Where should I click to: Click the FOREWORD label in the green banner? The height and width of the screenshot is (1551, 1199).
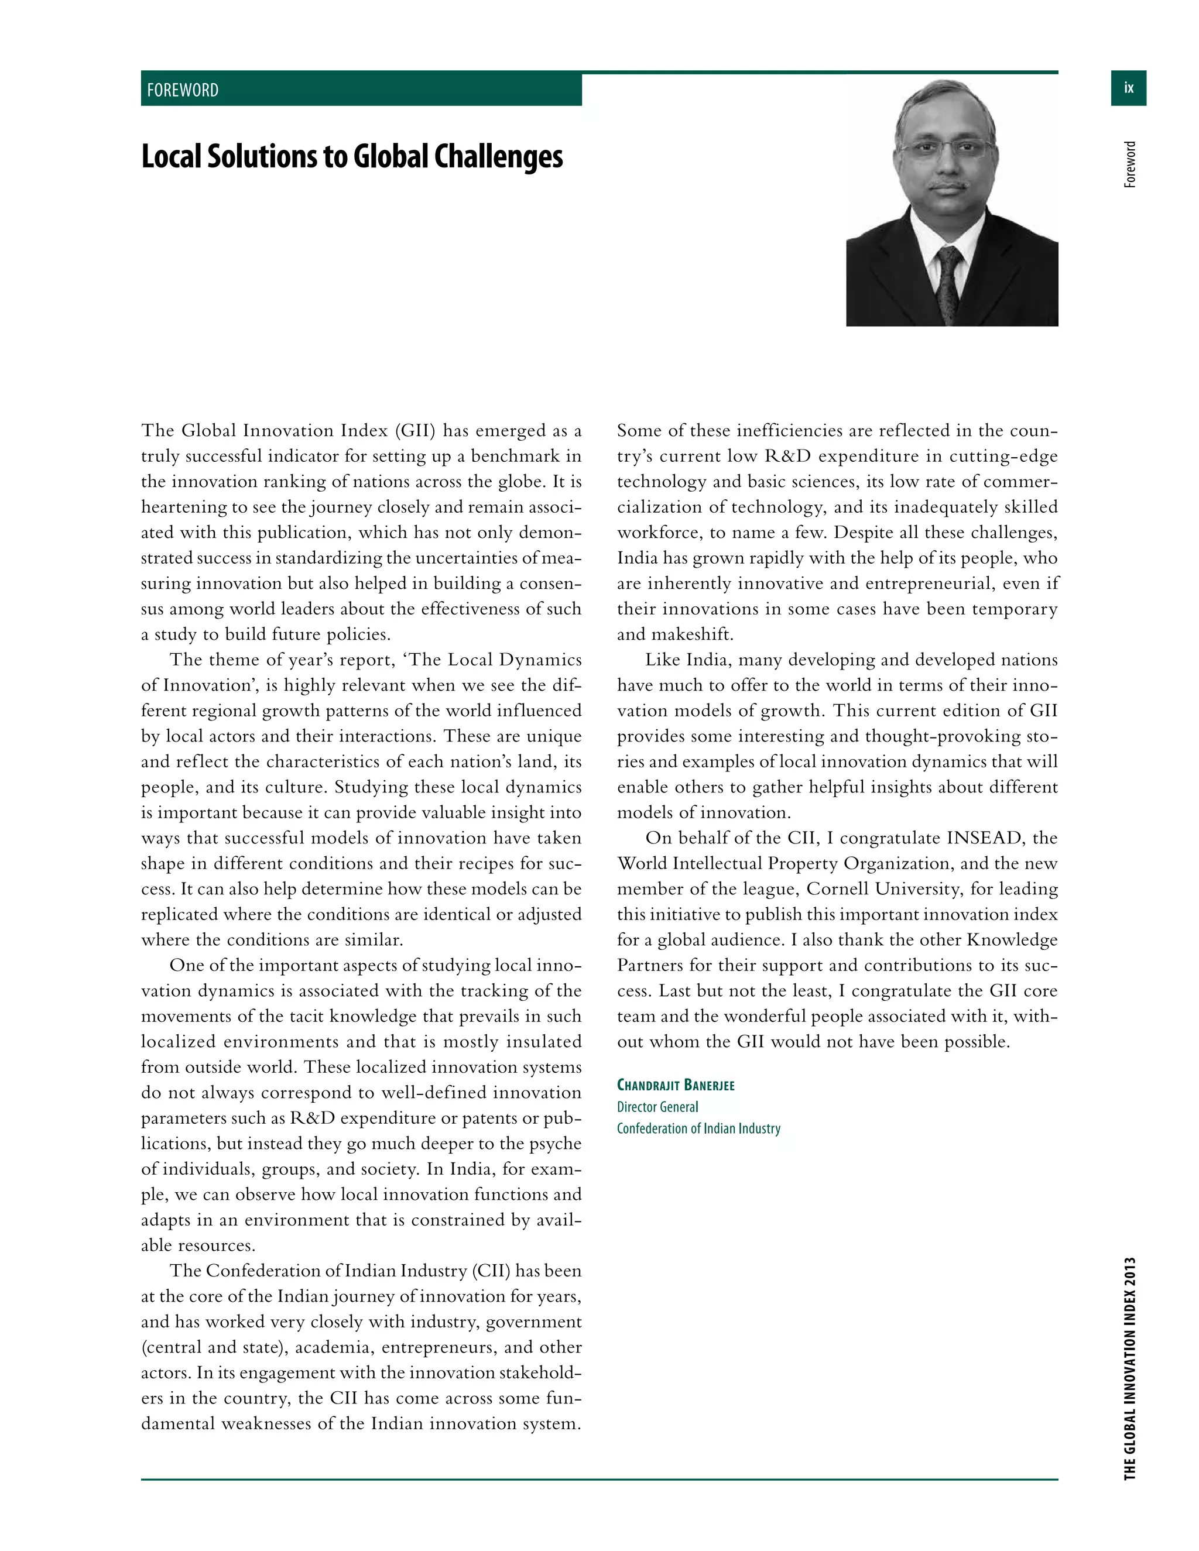pos(183,90)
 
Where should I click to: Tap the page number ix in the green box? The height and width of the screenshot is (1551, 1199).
pos(1128,88)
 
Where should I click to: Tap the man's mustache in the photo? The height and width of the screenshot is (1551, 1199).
pos(949,186)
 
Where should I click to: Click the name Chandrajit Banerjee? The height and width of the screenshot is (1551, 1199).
pos(675,1085)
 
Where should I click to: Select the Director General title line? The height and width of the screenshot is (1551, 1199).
pos(657,1107)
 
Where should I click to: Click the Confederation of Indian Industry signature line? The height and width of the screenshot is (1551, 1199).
pos(698,1128)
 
